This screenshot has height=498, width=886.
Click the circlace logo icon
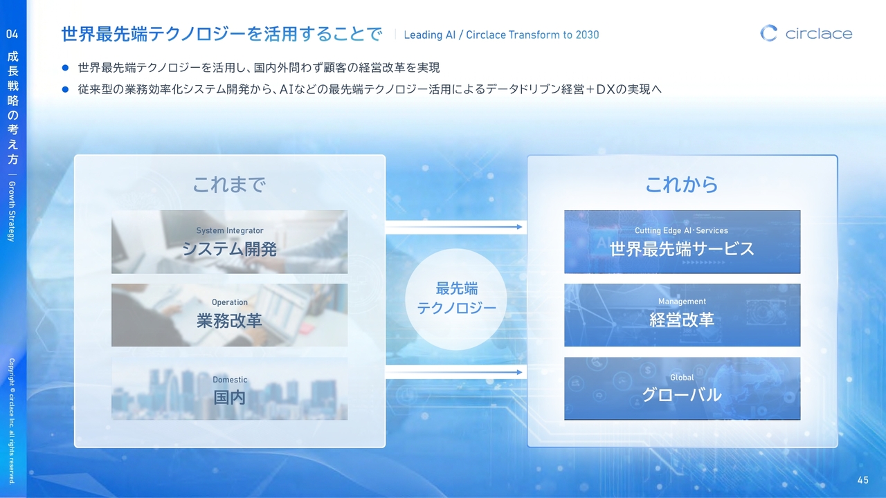pos(768,33)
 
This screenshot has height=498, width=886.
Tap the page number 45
pos(863,480)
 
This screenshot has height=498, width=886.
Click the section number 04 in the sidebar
pos(12,34)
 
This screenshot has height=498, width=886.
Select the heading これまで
pos(229,185)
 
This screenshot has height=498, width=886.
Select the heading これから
pos(682,185)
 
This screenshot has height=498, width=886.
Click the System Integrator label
pos(230,230)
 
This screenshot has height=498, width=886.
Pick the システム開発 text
pos(229,249)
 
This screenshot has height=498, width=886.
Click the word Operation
pos(230,302)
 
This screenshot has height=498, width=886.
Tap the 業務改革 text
pos(229,320)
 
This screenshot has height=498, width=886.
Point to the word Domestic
pos(230,380)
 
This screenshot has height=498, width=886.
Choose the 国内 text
pos(229,397)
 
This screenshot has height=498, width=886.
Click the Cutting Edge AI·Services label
pos(682,230)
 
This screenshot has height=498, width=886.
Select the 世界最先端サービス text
pos(682,249)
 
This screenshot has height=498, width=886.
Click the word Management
pos(682,302)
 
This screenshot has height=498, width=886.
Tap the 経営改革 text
pos(682,320)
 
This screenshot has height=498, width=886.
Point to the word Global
pos(682,378)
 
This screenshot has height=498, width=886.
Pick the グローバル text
pos(682,395)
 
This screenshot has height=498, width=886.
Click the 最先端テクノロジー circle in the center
pos(456,299)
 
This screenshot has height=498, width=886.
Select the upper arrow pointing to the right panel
pos(454,227)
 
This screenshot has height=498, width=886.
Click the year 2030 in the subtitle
pos(587,35)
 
